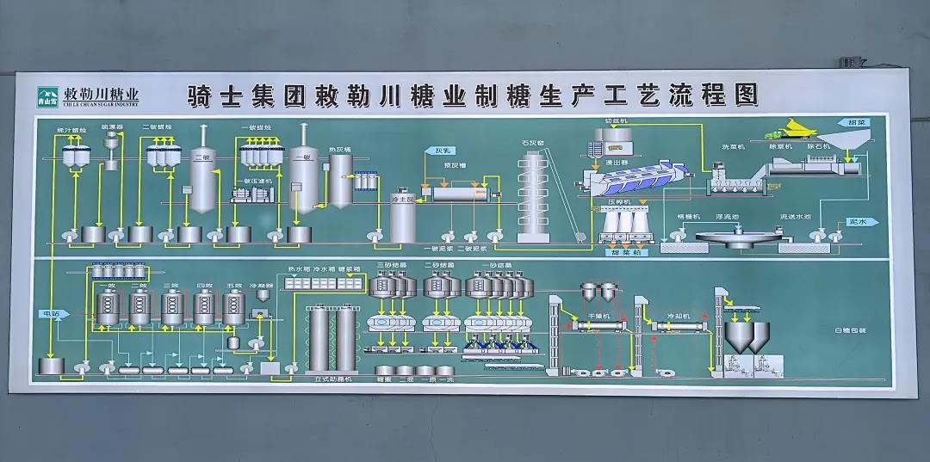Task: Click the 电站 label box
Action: (49, 314)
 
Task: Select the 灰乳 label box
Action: (433, 151)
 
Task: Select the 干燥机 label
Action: (598, 317)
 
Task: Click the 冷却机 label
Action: (680, 317)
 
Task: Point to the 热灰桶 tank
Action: (341, 181)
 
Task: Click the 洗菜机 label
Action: (733, 146)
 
